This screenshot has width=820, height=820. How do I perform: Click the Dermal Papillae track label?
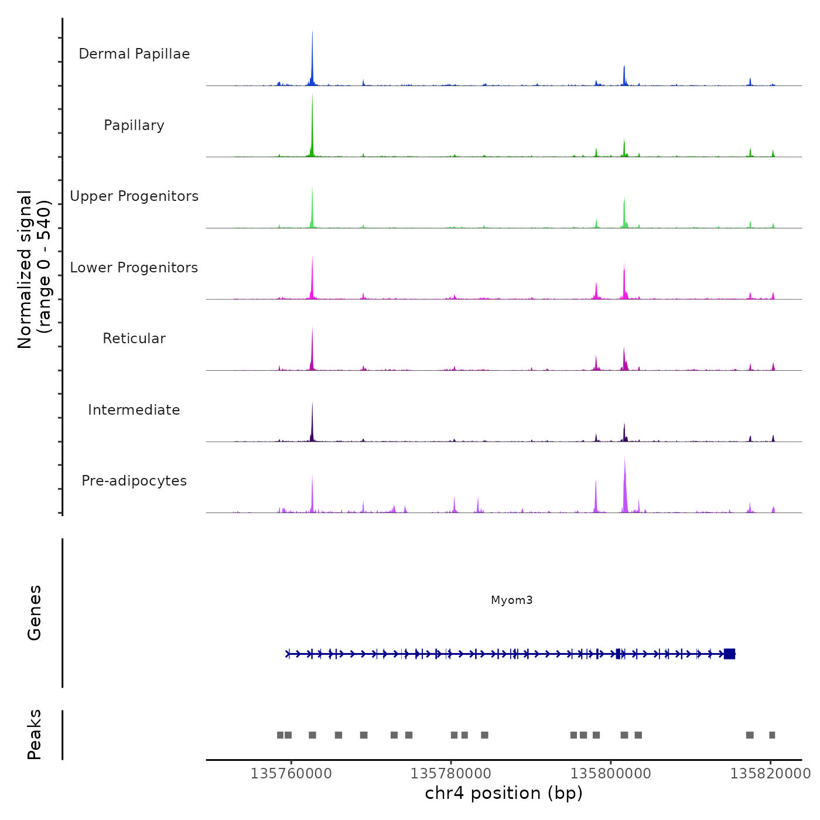click(x=134, y=54)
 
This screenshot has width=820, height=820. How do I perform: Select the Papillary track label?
click(x=134, y=125)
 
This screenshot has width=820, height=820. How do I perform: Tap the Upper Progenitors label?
click(x=134, y=196)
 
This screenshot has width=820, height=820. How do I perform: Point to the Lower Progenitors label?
click(x=134, y=268)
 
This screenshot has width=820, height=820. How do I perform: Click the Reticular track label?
click(x=134, y=339)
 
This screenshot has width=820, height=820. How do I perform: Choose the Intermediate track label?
click(x=134, y=410)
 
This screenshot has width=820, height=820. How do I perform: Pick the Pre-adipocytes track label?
click(x=134, y=481)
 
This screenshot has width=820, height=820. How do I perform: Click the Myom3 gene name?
click(x=512, y=600)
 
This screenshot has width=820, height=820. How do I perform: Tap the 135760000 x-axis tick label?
click(x=291, y=774)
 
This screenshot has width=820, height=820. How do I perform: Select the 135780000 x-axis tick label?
click(x=451, y=774)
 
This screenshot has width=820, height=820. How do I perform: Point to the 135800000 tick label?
click(x=611, y=774)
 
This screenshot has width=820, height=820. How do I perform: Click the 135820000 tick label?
click(x=770, y=774)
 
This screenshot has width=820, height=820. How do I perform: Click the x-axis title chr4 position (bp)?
click(x=504, y=793)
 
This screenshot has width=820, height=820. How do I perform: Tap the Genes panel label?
click(x=35, y=613)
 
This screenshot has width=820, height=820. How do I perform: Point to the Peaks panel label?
click(x=35, y=734)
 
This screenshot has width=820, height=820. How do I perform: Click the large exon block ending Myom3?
click(x=729, y=654)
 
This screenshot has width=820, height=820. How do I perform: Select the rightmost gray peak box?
click(x=772, y=735)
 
